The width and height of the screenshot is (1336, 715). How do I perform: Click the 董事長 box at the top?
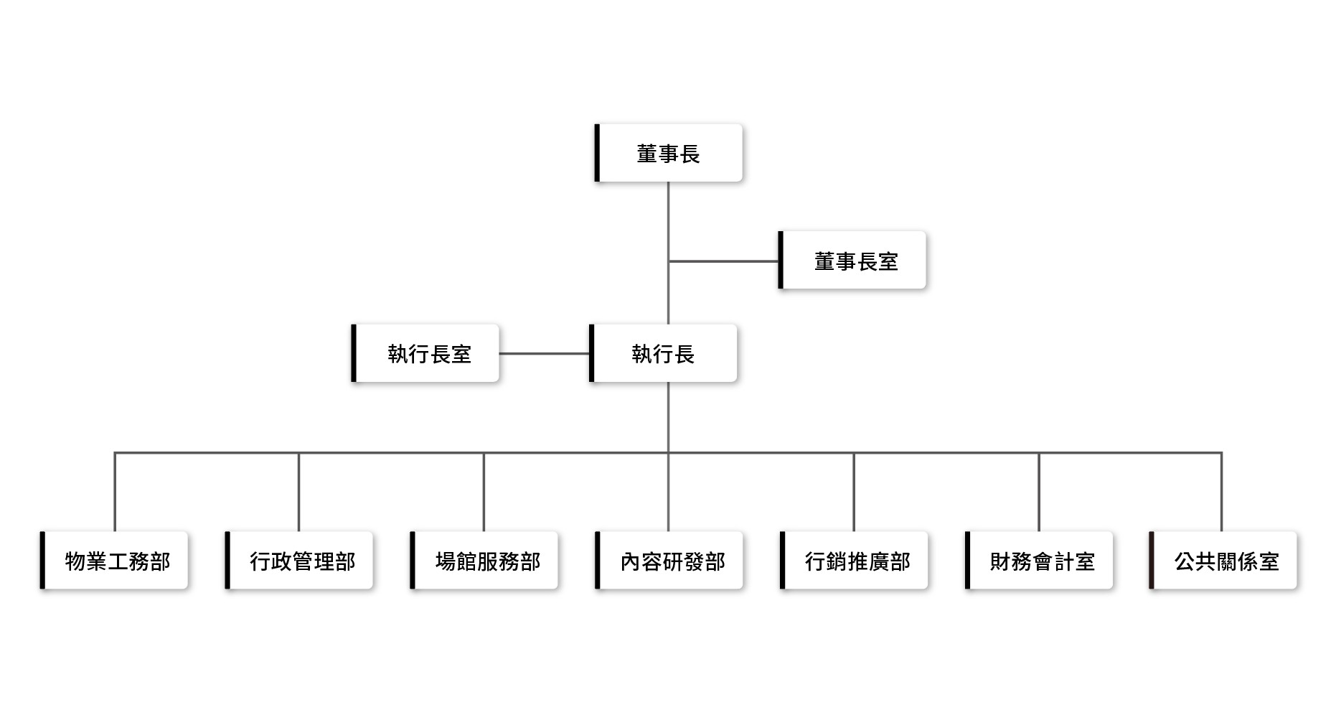coord(669,153)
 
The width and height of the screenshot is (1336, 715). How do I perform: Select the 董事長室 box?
coord(854,261)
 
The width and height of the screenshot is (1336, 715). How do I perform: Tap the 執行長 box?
coord(664,353)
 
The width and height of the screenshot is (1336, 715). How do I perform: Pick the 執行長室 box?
coord(427,353)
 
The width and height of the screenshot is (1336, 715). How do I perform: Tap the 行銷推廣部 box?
coord(856,561)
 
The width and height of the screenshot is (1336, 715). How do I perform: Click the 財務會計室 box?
coord(1041,561)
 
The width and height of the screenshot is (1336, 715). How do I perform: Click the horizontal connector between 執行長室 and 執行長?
coord(544,353)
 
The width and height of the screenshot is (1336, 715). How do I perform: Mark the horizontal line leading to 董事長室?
coord(723,261)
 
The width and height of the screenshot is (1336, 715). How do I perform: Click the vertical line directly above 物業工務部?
coord(115,492)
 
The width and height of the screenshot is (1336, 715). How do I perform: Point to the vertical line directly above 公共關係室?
coord(1221,492)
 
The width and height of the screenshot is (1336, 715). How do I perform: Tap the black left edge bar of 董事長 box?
coord(597,153)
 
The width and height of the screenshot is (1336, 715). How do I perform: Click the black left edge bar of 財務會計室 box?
coord(967,561)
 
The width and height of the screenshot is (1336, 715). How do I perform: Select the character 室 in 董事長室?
coord(888,261)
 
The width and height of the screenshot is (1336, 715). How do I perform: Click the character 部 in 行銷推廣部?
coord(900,561)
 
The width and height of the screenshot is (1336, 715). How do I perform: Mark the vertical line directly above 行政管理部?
coord(298,492)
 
